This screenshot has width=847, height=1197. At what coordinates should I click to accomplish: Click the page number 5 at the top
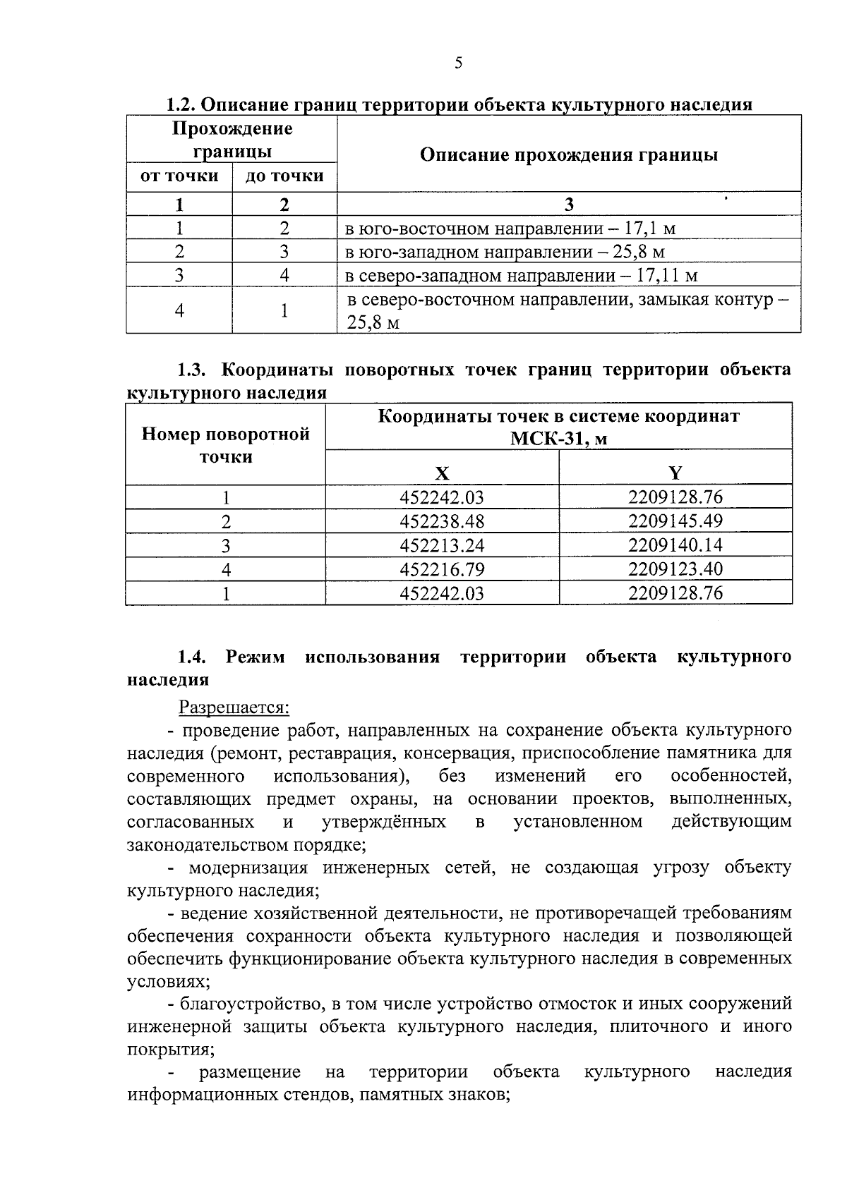pyautogui.click(x=458, y=63)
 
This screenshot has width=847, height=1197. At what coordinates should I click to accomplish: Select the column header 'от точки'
pyautogui.click(x=179, y=176)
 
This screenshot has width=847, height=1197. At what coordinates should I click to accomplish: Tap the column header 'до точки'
pyautogui.click(x=284, y=176)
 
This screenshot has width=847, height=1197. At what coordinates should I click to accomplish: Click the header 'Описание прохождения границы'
pyautogui.click(x=568, y=154)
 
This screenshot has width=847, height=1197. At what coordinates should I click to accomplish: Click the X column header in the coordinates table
pyautogui.click(x=442, y=473)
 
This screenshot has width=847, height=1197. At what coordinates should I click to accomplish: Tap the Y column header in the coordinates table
pyautogui.click(x=675, y=473)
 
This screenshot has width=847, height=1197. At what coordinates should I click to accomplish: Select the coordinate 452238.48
pyautogui.click(x=442, y=522)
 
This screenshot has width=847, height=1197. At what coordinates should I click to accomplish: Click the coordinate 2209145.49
pyautogui.click(x=675, y=521)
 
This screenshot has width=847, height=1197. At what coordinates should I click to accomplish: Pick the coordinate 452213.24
pyautogui.click(x=442, y=545)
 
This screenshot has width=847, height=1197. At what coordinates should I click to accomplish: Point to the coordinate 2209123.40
pyautogui.click(x=675, y=569)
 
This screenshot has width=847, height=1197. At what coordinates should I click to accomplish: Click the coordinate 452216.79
pyautogui.click(x=442, y=569)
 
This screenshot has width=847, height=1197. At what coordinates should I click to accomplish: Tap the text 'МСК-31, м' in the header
pyautogui.click(x=558, y=439)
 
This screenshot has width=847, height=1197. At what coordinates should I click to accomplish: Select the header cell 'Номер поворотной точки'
pyautogui.click(x=226, y=445)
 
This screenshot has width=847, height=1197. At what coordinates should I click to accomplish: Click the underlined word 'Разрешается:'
pyautogui.click(x=234, y=707)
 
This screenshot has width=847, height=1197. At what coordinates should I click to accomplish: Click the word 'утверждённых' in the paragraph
pyautogui.click(x=384, y=822)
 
